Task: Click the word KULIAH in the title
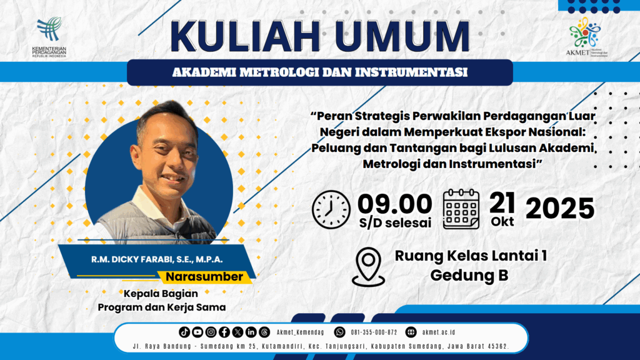[x=245, y=36]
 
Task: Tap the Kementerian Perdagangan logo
[x=49, y=37]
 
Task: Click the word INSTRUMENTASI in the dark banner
[x=411, y=72]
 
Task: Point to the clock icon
[x=331, y=209]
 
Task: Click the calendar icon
[x=461, y=209]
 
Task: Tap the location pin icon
[x=368, y=267]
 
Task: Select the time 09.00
[x=395, y=204]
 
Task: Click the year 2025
[x=560, y=208]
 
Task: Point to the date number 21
[x=502, y=203]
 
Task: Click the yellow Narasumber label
[x=204, y=277]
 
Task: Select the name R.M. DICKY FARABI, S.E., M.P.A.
[x=157, y=259]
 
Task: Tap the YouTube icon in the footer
[x=197, y=332]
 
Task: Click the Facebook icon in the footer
[x=224, y=332]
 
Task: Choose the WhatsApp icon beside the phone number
[x=339, y=332]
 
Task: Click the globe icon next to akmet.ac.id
[x=411, y=332]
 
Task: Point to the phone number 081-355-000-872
[x=374, y=332]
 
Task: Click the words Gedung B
[x=469, y=276]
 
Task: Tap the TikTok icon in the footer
[x=184, y=332]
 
